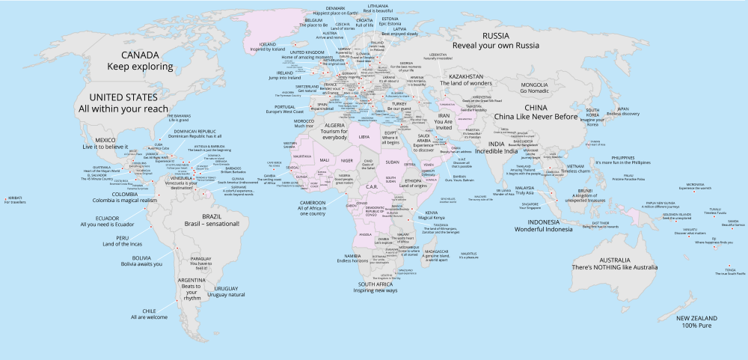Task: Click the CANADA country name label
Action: pyautogui.click(x=140, y=55)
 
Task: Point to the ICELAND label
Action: pyautogui.click(x=269, y=44)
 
